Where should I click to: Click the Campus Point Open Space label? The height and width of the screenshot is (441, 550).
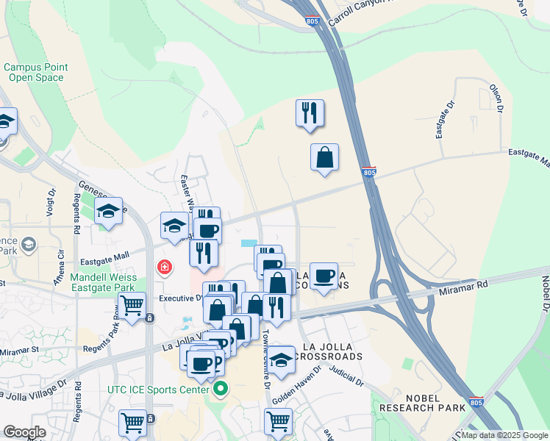[x=35, y=72]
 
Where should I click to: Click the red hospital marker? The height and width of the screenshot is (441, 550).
[x=163, y=267]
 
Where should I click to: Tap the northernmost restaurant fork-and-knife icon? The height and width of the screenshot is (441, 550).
[x=310, y=112]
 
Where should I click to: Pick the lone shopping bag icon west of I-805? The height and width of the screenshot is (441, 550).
[x=324, y=157]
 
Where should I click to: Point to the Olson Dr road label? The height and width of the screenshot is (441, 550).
[x=496, y=98]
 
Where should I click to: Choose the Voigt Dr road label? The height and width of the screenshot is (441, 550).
[x=51, y=203]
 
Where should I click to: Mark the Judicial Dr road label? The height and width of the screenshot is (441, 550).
[x=349, y=378]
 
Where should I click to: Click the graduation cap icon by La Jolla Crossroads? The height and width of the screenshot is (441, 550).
[x=281, y=359]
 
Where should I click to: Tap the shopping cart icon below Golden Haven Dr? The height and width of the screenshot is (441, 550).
[x=279, y=421]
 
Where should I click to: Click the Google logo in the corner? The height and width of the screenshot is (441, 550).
[x=25, y=432]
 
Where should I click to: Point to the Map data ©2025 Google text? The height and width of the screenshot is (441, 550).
[x=504, y=435]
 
